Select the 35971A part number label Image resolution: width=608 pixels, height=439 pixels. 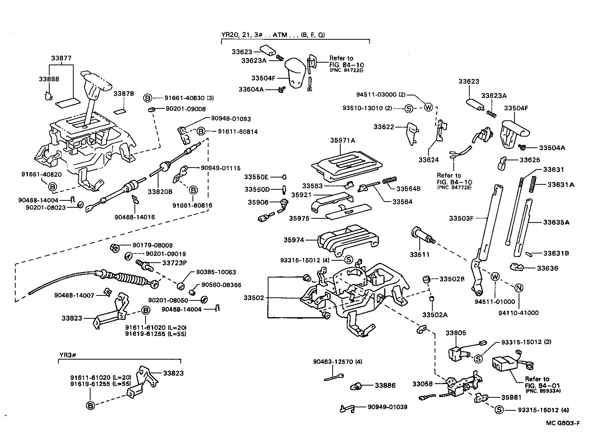pos(343,140)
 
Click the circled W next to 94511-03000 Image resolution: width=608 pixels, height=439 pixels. pos(428,108)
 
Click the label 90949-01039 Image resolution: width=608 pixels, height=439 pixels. pos(387,407)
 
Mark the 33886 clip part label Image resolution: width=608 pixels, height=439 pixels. pos(385,386)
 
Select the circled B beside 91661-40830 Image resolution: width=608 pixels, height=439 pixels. pos(148,98)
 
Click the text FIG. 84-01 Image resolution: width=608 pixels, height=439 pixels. pos(537,385)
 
